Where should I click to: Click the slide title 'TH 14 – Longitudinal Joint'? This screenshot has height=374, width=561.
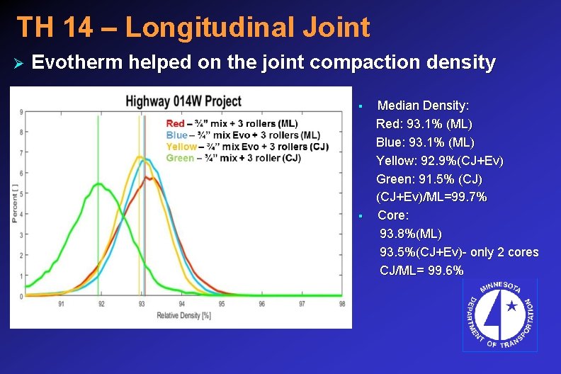pos(193,28)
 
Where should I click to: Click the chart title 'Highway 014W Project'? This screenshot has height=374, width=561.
pos(183,101)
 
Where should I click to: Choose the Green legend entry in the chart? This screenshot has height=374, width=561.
pos(233,158)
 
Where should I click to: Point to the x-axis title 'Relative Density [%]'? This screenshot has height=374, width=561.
pos(184,315)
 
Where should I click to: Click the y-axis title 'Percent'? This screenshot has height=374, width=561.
pos(15,204)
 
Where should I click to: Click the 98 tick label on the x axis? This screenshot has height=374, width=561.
pos(342,304)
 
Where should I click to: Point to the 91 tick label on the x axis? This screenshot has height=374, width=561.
pos(62,304)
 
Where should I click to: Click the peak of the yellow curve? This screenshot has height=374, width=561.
pos(140,157)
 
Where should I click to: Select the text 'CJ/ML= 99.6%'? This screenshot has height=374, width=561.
pos(421,271)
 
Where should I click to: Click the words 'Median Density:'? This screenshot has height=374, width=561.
pos(423,106)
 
